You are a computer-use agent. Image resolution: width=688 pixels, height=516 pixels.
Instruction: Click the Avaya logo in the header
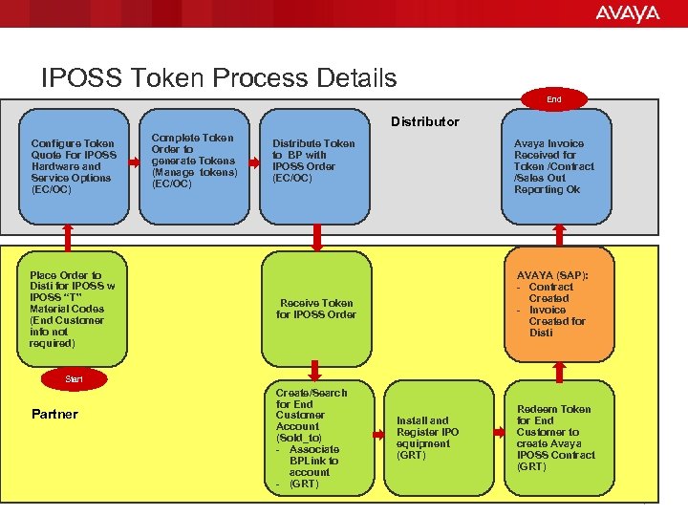coord(627,13)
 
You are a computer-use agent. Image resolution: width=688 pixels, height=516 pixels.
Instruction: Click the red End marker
coord(554,98)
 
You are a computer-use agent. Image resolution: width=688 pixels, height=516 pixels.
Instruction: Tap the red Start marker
coord(74,379)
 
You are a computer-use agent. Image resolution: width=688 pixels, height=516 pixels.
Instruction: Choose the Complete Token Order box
coord(195,162)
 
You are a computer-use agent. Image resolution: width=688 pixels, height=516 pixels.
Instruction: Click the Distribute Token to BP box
coord(315,164)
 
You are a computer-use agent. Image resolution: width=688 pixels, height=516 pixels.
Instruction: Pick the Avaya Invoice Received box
coord(556,166)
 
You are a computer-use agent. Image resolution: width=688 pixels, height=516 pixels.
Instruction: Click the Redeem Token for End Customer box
coord(556,438)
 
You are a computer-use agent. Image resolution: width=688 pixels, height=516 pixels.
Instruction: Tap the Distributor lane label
coord(424,121)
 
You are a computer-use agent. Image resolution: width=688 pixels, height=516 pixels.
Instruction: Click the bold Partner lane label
coord(54,415)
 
